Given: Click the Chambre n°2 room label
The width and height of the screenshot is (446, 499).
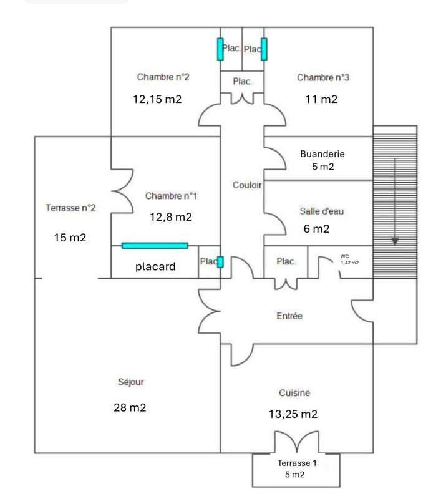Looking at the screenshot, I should pos(163,78).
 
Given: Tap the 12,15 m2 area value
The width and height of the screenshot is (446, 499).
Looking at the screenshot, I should pos(157,99).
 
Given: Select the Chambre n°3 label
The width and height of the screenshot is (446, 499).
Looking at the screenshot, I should pos(322,78).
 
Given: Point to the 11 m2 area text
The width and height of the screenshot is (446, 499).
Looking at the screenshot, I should pos(322,99).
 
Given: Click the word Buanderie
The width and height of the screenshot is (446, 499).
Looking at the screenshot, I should pos(322,154).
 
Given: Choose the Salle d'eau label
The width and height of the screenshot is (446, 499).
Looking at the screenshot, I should pos(321,211).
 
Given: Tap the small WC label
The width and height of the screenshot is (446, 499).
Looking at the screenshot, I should pos(345,256).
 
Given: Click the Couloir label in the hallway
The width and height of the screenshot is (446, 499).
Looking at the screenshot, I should pos(247,185).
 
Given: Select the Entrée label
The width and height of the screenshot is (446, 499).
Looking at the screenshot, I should pos(289,316).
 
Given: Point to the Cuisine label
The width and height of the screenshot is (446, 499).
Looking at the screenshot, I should pos(294,393).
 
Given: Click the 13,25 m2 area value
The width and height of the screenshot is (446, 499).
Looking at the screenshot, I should pos(293,414).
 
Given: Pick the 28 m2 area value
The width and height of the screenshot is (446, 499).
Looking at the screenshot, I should pos(131,408).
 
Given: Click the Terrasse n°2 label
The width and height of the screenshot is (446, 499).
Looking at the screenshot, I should pos(70,208).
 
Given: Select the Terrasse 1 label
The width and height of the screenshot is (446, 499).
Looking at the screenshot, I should pos(297,463).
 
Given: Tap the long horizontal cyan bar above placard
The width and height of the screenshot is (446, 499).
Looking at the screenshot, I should pos(155,246).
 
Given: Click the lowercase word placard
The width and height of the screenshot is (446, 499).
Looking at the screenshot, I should pos(155,266).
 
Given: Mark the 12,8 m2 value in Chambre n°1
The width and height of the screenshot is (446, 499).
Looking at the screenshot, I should pos(170,217).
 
